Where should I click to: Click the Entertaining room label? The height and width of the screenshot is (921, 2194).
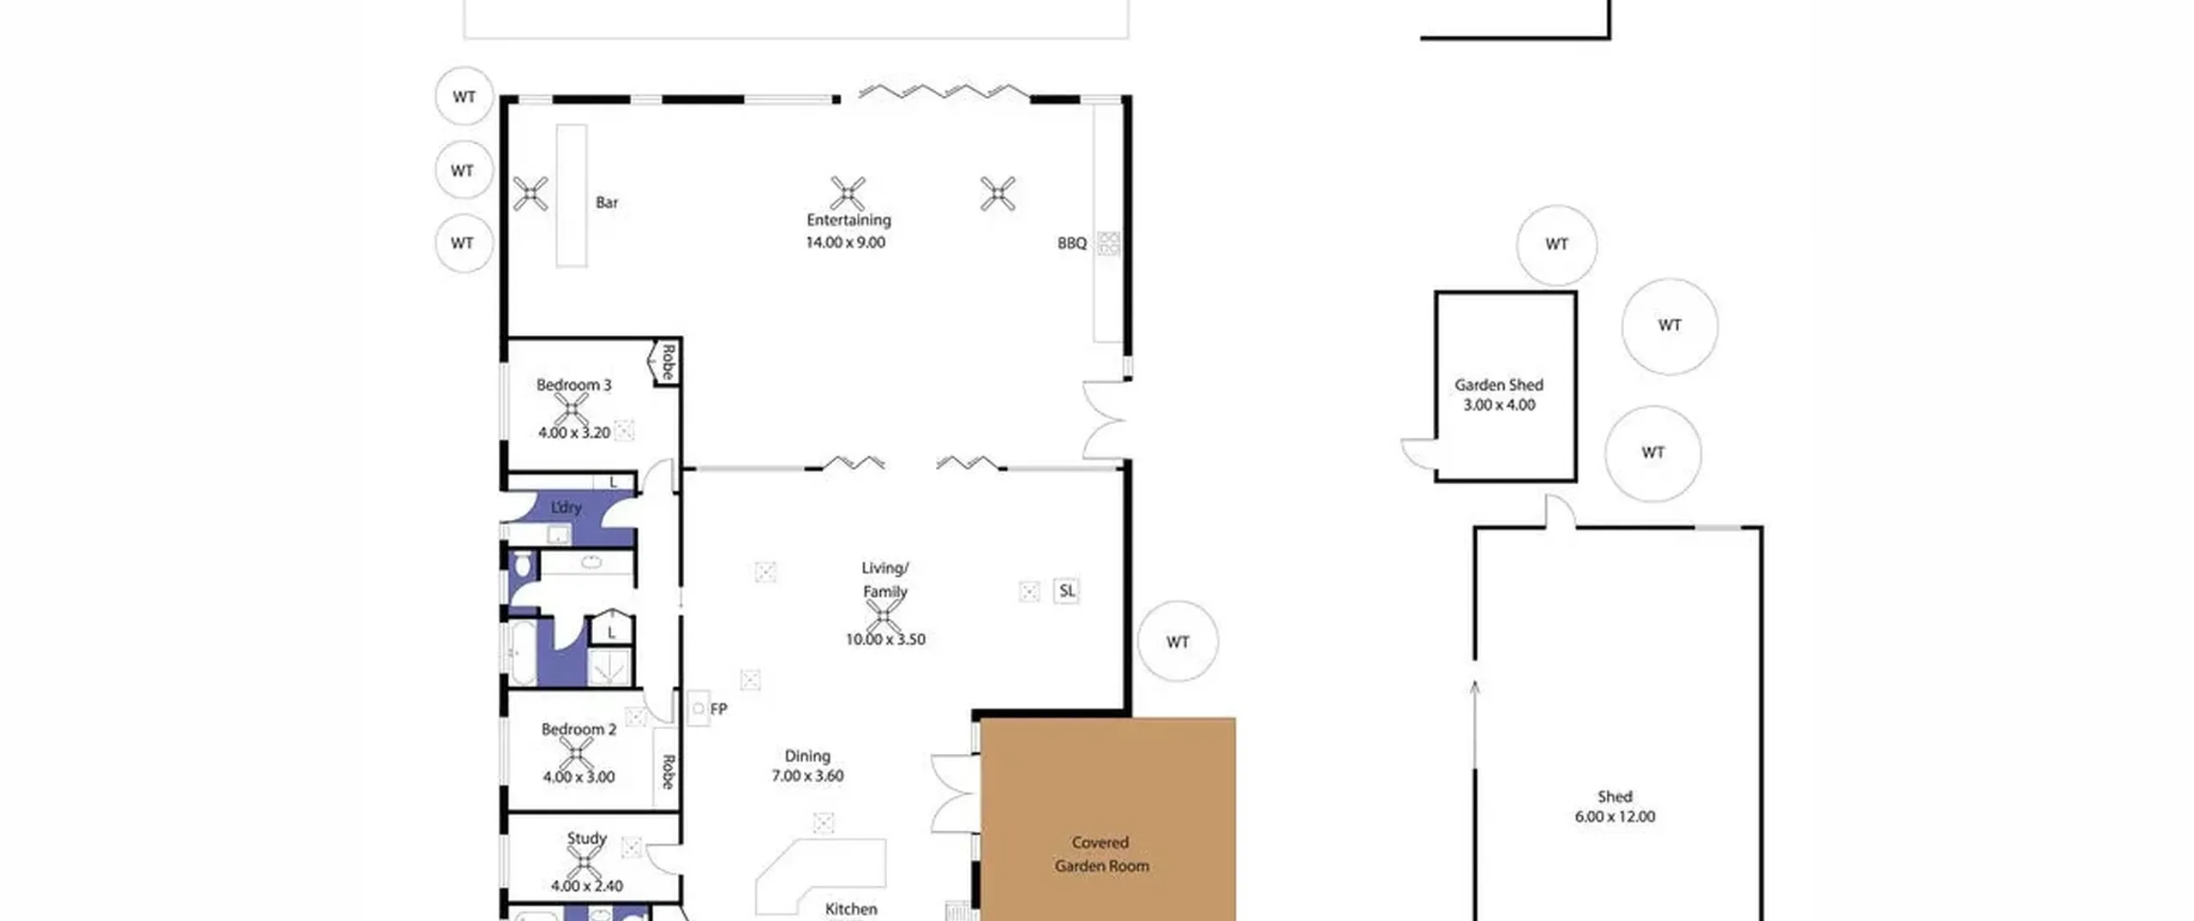pos(848,220)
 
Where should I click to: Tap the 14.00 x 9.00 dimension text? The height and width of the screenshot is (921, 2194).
pos(845,242)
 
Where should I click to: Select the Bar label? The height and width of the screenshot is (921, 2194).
pos(607,203)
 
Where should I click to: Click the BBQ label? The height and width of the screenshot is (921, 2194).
pos(1072,243)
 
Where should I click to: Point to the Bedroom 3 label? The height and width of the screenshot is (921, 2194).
pos(574,385)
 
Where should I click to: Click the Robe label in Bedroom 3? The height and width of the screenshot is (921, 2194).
pos(668,362)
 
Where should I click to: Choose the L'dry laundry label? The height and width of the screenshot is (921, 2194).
pos(566,507)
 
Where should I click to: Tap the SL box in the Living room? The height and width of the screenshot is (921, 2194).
pos(1067,590)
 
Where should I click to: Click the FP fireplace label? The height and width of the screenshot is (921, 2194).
pos(718,709)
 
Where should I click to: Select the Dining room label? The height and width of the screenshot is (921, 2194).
pos(807,756)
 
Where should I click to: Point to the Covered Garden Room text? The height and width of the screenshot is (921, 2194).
pos(1101,854)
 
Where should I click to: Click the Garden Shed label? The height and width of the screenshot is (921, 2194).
pos(1499,385)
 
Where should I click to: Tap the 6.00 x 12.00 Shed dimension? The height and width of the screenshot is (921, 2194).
pos(1615,816)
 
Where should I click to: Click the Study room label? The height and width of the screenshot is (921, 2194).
pos(587,838)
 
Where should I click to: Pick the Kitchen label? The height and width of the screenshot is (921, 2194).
pos(851,909)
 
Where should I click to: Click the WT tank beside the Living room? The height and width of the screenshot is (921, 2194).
pos(1178,642)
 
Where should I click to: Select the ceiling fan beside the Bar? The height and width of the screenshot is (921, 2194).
pos(531,194)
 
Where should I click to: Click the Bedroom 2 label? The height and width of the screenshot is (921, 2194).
pos(578,729)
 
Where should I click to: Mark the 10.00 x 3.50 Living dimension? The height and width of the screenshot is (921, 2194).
pos(885,639)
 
